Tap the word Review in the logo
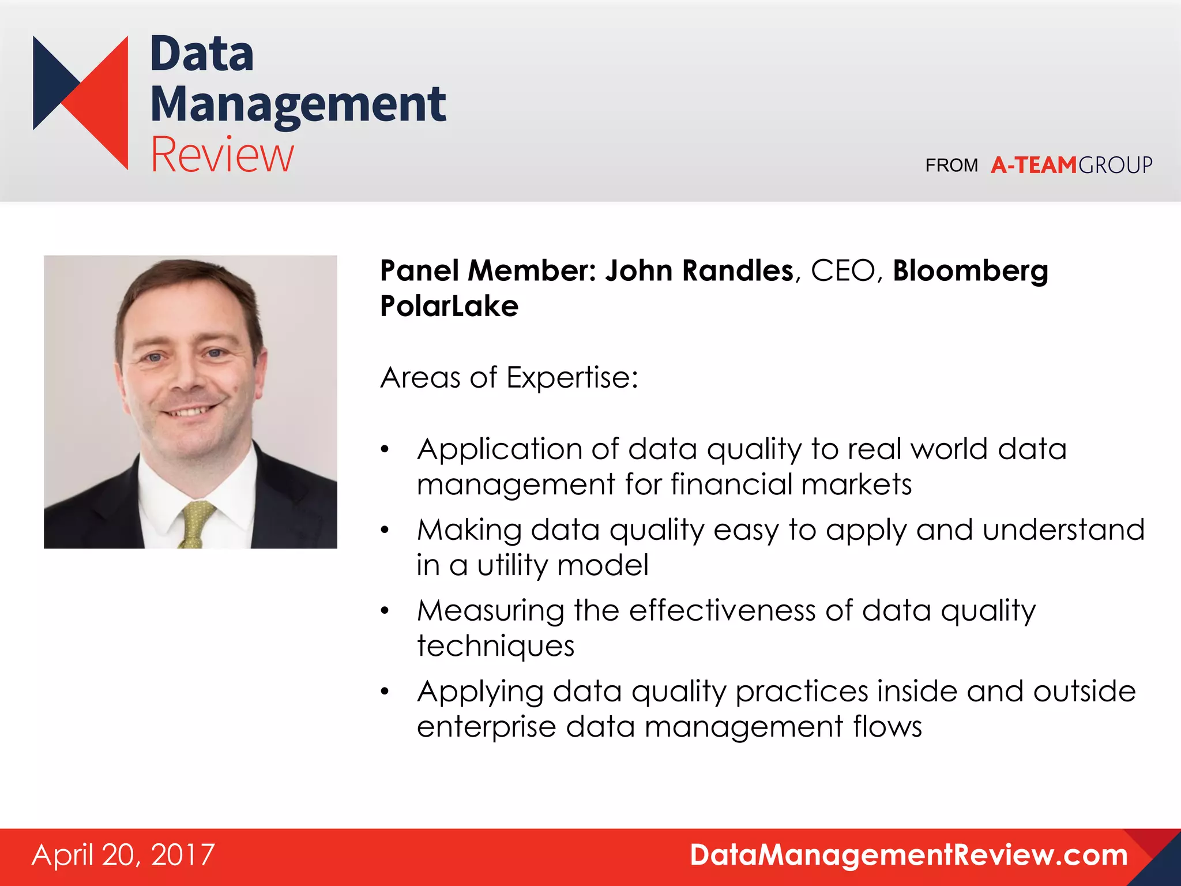pyautogui.click(x=222, y=155)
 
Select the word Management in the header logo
pyautogui.click(x=298, y=105)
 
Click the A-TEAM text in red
pyautogui.click(x=1033, y=166)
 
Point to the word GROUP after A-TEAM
pyautogui.click(x=1115, y=166)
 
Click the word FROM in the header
pyautogui.click(x=951, y=166)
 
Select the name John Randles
pyautogui.click(x=699, y=271)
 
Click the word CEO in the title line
pyautogui.click(x=843, y=271)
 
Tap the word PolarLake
pyautogui.click(x=449, y=306)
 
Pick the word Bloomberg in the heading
pyautogui.click(x=970, y=272)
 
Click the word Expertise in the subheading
pyautogui.click(x=571, y=378)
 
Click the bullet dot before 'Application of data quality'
pyautogui.click(x=385, y=450)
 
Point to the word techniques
pyautogui.click(x=495, y=646)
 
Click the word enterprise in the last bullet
pyautogui.click(x=486, y=727)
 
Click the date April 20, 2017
pyautogui.click(x=123, y=855)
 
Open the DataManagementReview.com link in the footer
pyautogui.click(x=909, y=855)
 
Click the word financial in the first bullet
pyautogui.click(x=731, y=485)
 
